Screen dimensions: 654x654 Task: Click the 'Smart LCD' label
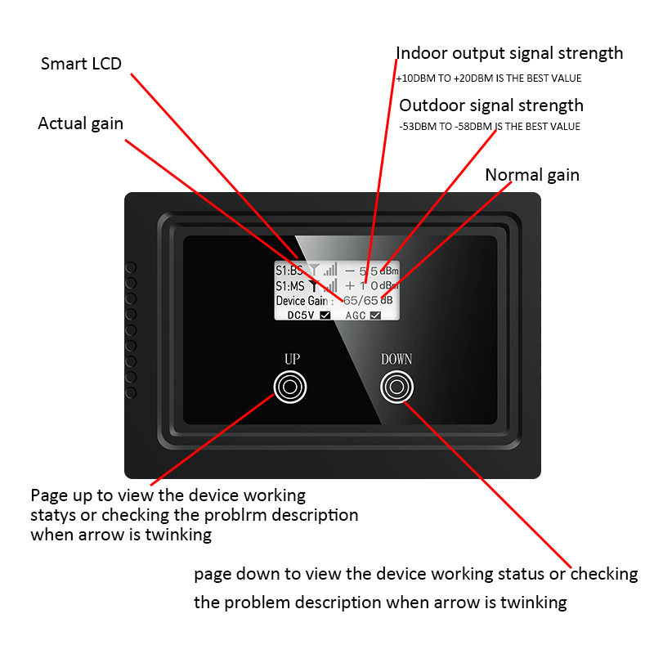(81, 64)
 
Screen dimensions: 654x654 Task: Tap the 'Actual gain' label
(80, 124)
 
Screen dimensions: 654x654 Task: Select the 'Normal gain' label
(532, 175)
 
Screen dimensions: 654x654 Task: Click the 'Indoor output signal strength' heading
(509, 54)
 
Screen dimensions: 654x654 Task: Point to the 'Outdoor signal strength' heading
(491, 105)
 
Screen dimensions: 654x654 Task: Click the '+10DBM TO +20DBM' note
(489, 78)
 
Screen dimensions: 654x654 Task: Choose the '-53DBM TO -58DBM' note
(490, 127)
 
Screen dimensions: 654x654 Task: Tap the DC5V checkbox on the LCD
(325, 315)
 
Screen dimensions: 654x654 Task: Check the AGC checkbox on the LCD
(376, 315)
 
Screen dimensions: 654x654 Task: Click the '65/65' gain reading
(361, 301)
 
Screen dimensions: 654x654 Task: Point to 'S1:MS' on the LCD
(289, 286)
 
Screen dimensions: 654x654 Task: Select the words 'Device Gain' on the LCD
(302, 301)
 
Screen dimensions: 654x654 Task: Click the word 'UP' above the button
(292, 360)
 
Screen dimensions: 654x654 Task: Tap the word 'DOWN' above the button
(396, 360)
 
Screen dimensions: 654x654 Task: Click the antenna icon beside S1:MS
(314, 285)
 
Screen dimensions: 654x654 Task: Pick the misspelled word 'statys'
(52, 516)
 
